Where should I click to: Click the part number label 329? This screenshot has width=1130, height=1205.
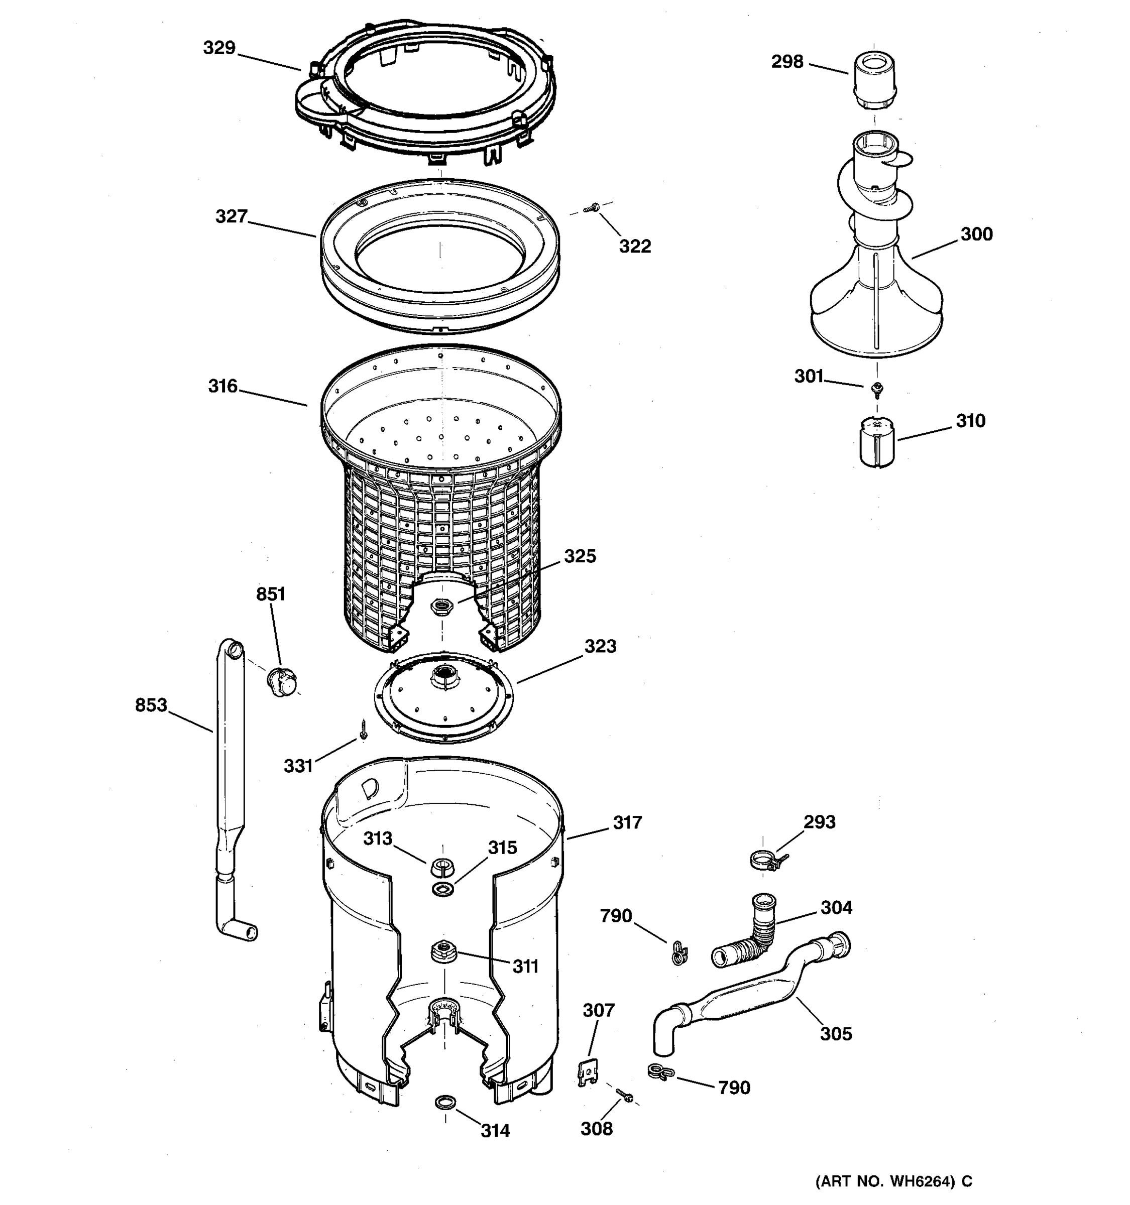[219, 48]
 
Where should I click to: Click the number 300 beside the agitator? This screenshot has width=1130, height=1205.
[976, 234]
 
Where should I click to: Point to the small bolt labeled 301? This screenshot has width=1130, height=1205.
[876, 388]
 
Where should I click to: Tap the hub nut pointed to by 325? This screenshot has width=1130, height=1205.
[441, 606]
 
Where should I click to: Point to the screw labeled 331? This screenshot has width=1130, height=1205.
[363, 729]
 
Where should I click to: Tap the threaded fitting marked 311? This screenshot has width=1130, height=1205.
[442, 950]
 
